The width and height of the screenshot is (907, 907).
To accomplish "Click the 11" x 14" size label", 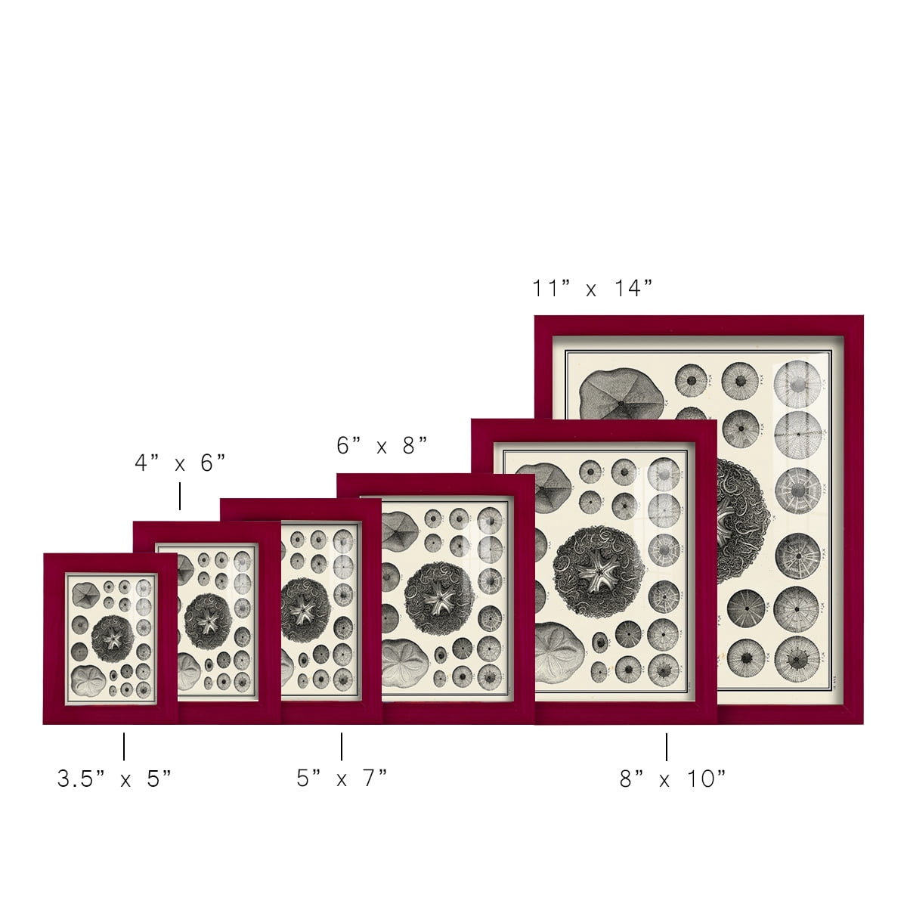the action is coord(593,288).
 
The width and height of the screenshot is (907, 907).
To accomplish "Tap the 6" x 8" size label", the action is coord(382,445).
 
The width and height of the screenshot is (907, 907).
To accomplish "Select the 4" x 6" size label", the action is coord(181,463).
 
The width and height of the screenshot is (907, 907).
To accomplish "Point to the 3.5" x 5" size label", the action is coord(114,779).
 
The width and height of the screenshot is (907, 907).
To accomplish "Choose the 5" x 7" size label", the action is coord(342,778).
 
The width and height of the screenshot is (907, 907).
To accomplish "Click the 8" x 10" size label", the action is coord(673,779).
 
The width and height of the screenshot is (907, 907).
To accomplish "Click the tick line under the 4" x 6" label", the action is coord(180,496).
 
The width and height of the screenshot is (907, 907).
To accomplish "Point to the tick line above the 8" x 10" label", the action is coord(667,747).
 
